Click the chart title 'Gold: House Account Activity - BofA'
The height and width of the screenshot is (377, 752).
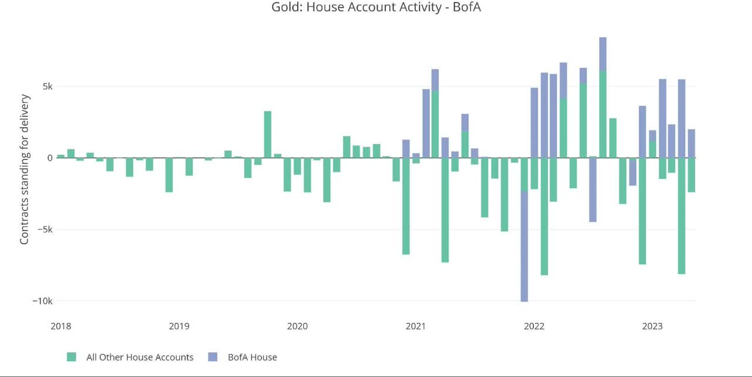[376, 8]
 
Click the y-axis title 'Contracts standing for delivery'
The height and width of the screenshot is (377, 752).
[25, 170]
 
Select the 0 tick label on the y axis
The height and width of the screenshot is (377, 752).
[49, 158]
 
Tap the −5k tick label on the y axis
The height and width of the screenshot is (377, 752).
[43, 229]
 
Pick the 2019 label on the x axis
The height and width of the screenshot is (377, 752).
[179, 326]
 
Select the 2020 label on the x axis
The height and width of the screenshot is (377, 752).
[297, 326]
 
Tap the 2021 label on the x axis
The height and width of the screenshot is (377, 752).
[416, 326]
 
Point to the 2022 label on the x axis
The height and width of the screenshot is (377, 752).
[534, 326]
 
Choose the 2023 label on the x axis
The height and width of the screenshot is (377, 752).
[653, 326]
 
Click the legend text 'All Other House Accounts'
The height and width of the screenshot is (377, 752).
[140, 357]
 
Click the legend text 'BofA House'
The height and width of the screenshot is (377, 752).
[252, 357]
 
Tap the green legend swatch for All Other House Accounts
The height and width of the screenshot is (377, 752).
[72, 357]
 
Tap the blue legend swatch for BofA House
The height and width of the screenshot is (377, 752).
[213, 357]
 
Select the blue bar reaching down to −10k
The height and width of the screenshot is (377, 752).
[524, 247]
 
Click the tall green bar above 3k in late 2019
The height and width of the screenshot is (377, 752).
[267, 134]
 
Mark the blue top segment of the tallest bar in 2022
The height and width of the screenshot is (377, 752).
[603, 54]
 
